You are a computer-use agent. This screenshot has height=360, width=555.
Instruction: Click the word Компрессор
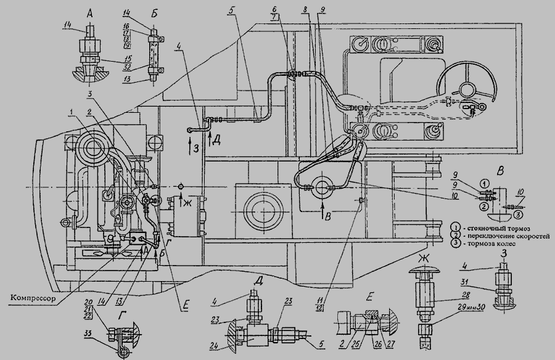[32, 298]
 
